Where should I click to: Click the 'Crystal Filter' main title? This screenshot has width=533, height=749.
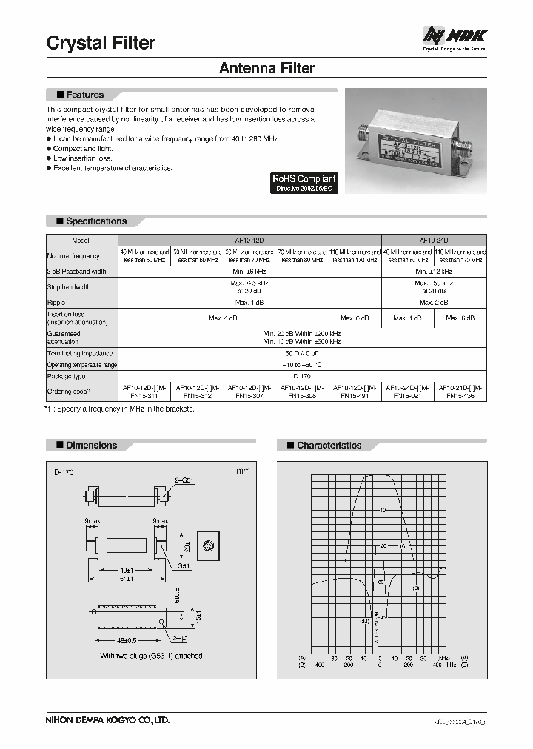[101, 43]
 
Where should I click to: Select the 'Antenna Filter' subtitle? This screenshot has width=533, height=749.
[266, 68]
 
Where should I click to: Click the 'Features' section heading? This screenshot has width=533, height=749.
[84, 95]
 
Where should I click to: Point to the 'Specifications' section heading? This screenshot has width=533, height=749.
[95, 221]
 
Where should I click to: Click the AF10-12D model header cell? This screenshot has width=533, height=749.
[249, 241]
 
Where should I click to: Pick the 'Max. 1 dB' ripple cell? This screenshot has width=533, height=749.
[249, 303]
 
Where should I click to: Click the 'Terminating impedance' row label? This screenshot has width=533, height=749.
[78, 354]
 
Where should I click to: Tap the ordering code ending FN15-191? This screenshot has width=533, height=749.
[355, 392]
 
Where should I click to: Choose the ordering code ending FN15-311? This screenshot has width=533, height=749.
[144, 392]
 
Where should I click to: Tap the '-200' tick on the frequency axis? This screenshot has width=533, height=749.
[346, 665]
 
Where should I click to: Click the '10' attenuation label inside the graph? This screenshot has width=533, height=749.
[383, 511]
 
